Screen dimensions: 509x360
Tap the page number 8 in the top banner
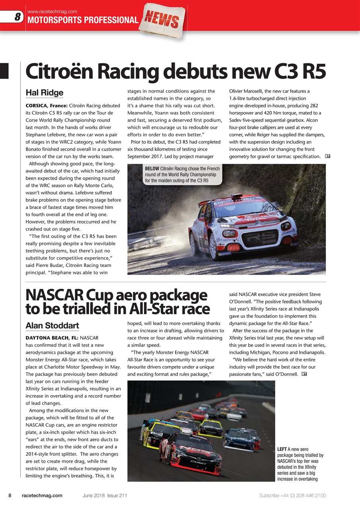[17, 17]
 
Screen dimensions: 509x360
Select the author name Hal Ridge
[44, 93]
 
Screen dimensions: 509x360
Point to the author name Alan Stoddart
[52, 326]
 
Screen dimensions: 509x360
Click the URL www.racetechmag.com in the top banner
[52, 12]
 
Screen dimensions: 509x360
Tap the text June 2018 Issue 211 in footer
[105, 495]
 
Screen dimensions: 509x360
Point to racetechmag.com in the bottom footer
[42, 495]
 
